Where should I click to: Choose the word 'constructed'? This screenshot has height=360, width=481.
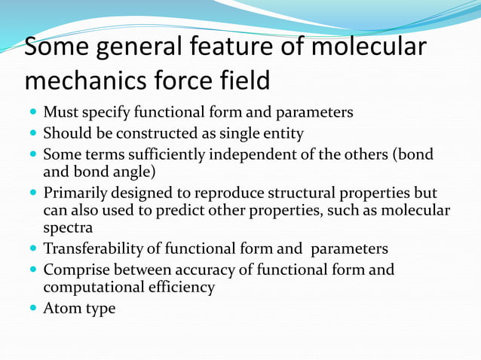tap(147, 133)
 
